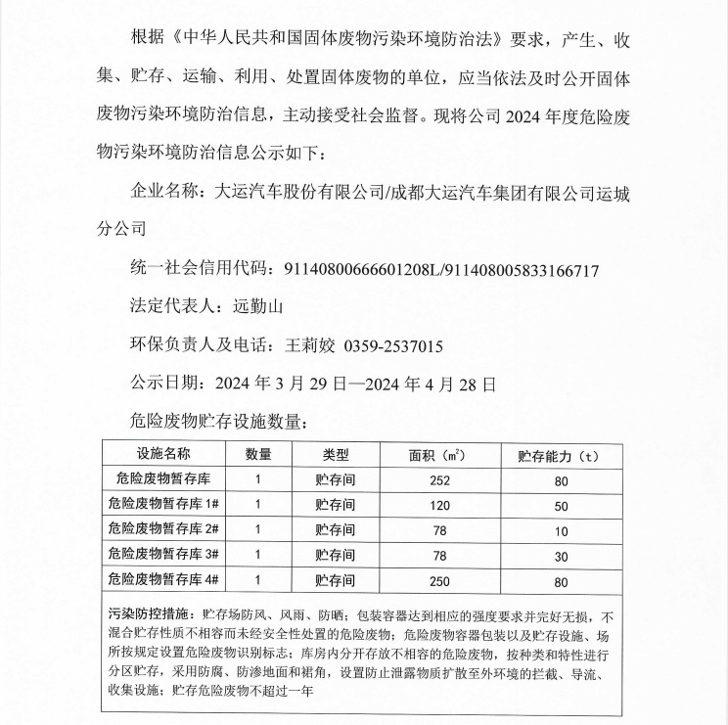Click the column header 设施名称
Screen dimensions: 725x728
point(163,455)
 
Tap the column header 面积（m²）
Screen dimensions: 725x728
point(438,456)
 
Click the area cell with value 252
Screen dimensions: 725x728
point(438,480)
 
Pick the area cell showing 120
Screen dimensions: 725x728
point(438,506)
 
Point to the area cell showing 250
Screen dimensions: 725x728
point(438,581)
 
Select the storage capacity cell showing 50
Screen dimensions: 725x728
point(561,506)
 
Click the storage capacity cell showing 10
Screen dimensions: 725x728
point(561,531)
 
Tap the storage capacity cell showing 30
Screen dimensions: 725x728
point(561,556)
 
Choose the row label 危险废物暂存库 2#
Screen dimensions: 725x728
point(163,530)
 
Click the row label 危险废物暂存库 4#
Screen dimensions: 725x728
point(163,580)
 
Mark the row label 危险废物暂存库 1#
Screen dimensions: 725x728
point(163,505)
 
